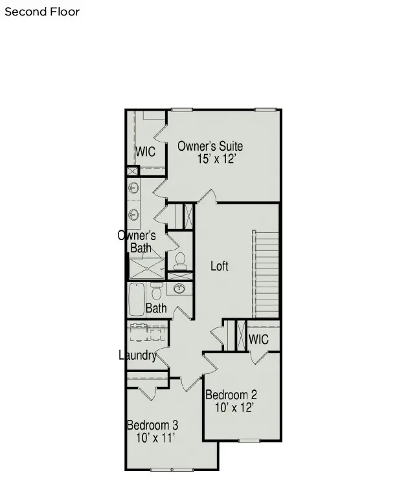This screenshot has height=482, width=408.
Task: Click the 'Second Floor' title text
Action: (x=42, y=12)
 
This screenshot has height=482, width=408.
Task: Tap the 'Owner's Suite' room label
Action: (x=210, y=146)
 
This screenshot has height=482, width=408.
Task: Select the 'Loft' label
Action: (x=220, y=266)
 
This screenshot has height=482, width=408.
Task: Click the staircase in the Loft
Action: (x=266, y=271)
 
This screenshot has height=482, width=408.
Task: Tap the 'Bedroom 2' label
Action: (x=231, y=395)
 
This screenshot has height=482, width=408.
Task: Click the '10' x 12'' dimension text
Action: (x=233, y=408)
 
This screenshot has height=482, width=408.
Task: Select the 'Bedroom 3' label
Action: (x=152, y=426)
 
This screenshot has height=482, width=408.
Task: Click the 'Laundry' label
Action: (x=138, y=355)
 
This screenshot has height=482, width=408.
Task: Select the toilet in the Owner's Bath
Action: (x=180, y=261)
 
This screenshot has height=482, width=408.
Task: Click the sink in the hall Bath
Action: (x=180, y=289)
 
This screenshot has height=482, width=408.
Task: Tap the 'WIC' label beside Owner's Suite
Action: (x=145, y=152)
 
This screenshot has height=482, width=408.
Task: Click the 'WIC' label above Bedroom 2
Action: (x=258, y=339)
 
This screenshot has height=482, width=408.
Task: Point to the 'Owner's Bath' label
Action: (x=137, y=241)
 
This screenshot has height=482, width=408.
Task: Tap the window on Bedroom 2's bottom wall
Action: (x=249, y=441)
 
